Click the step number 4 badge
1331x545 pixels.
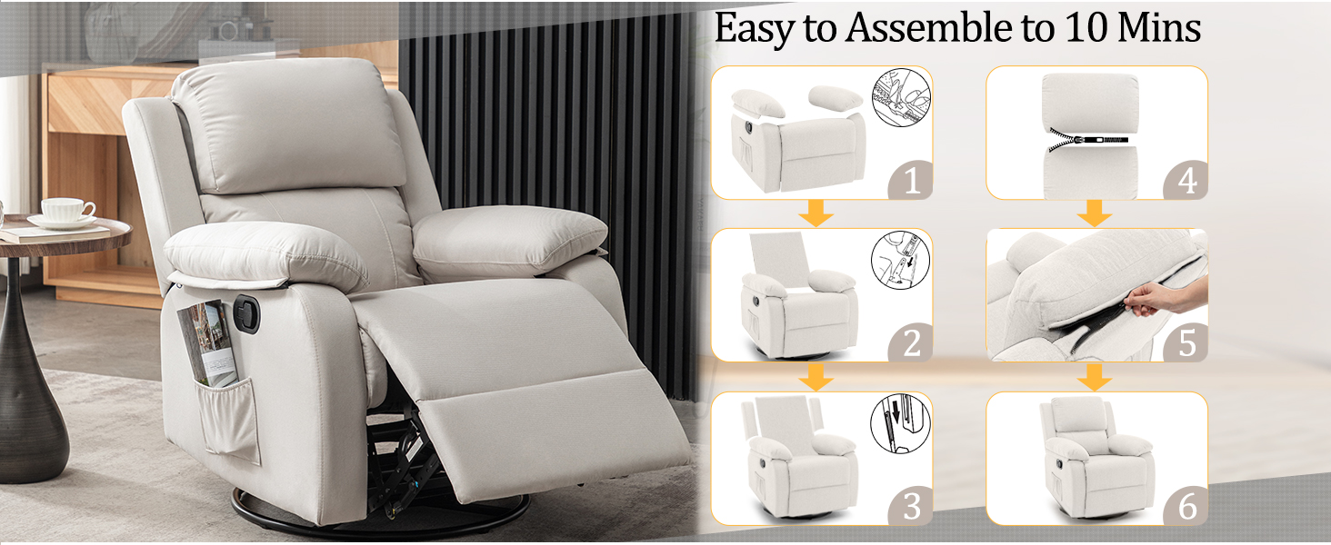pos(1187,182)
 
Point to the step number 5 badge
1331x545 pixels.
pos(1187,344)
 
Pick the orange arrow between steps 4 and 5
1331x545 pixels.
pos(1096,214)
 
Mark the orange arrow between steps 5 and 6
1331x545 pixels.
pos(1096,377)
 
